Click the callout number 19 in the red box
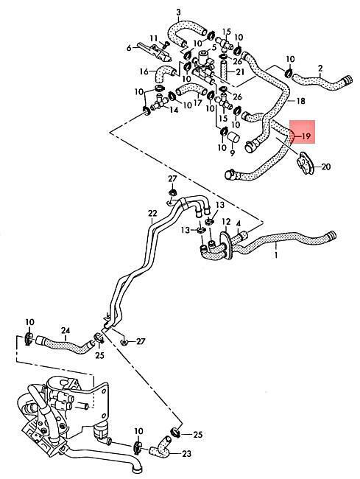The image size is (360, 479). pos(306,136)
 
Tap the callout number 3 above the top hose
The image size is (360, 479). pos(178,13)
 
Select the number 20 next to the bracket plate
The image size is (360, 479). pos(326,167)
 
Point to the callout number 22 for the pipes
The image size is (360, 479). pos(152,213)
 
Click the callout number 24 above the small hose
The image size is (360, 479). pos(66,331)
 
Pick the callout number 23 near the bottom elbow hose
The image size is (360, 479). pos(186,454)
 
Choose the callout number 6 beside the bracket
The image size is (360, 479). pos(129,48)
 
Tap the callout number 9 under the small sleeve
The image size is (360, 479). pos(233,153)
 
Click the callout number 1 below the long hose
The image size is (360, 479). pos(276,254)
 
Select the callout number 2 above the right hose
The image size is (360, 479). pos(320,68)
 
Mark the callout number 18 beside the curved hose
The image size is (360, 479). pos(300,101)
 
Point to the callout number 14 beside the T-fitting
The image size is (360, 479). pos(174,110)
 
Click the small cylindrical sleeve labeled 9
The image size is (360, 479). pos(234,138)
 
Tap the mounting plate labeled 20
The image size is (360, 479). pos(305,164)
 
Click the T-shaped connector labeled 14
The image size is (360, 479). pos(158,102)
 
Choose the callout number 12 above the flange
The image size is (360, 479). pos(226,222)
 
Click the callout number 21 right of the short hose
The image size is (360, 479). pos(240,72)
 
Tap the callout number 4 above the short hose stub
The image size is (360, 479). pos(239,223)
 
